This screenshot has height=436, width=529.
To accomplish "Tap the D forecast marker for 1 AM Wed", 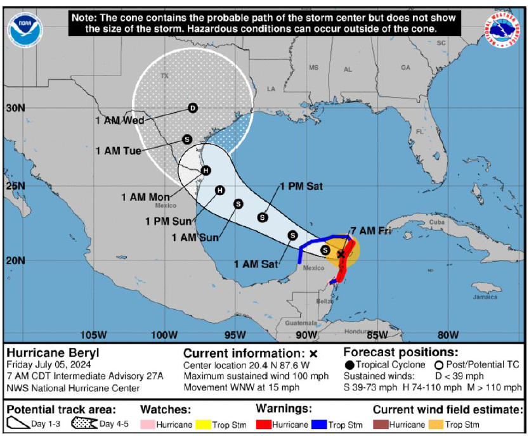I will pos(193,108).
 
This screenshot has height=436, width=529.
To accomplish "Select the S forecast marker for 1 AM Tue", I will pos(187,139).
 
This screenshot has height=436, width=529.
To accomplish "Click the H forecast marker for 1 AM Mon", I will pos(206,170).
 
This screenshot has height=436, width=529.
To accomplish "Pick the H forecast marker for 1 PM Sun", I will pos(220,190).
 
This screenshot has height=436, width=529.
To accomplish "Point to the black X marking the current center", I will pos(341,254).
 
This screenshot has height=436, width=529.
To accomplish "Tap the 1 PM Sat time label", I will pos(302,186).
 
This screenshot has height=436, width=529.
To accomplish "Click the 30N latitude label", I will pos(15,108).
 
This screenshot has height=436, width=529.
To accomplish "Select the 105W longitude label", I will pos(93,335).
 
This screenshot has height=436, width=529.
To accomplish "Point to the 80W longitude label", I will pos(448,335).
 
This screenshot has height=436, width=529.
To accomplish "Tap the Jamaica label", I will pos(485,297).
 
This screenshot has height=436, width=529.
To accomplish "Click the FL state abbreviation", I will pos(419,132).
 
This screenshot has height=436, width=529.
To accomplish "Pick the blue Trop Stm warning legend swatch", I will pos(320,425).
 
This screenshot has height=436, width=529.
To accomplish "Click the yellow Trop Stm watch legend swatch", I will pos(204,425).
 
